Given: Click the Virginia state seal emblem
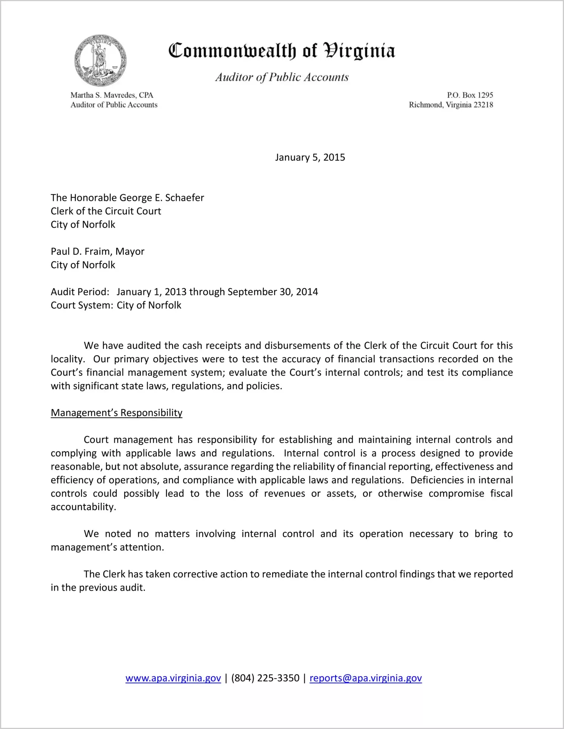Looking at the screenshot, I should click(100, 60).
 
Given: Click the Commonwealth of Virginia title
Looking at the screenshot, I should click(282, 51).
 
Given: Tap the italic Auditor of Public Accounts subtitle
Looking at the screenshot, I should click(282, 77).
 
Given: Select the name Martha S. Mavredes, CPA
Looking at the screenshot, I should click(112, 95).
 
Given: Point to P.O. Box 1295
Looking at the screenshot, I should click(470, 95).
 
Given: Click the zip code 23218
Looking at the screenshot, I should click(483, 105).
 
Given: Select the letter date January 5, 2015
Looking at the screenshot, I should click(310, 157).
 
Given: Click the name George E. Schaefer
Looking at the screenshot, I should click(162, 198).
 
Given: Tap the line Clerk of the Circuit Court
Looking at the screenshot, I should click(106, 211).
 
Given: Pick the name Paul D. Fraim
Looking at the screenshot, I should click(81, 251).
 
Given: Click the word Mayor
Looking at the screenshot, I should click(130, 251).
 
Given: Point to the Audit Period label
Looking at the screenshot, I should click(80, 292).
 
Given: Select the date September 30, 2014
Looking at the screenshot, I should click(273, 292).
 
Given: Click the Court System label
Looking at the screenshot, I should click(82, 305).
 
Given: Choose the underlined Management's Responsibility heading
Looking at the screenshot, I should click(116, 413).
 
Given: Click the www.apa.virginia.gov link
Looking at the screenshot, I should click(173, 678).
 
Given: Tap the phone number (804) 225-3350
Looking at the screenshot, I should click(265, 678).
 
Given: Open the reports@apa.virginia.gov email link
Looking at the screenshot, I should click(365, 678).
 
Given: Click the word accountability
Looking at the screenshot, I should click(83, 507).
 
